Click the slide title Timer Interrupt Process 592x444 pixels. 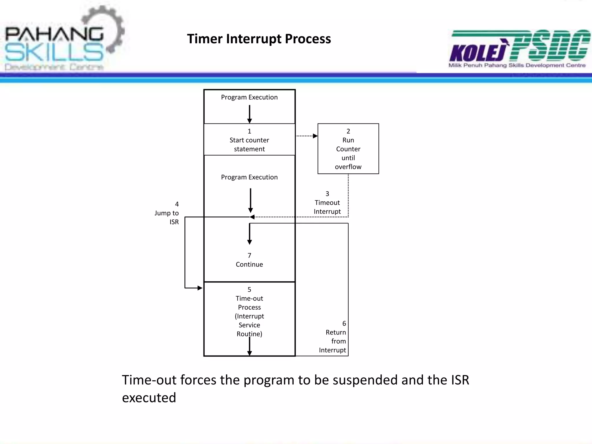259,39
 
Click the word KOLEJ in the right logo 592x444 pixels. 478,53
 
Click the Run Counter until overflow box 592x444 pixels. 348,149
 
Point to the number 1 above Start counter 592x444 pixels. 249,131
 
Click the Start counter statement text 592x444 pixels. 249,145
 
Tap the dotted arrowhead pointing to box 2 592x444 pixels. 315,136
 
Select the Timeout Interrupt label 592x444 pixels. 327,207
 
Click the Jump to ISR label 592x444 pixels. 167,213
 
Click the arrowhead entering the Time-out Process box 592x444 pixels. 200,288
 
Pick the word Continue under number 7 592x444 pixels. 249,264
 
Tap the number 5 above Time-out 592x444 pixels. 249,290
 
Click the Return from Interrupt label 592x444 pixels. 333,341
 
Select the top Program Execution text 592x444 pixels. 249,97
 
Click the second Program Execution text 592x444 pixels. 249,177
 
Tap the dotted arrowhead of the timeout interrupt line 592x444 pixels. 252,217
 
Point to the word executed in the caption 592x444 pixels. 149,398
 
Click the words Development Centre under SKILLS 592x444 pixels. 54,67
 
